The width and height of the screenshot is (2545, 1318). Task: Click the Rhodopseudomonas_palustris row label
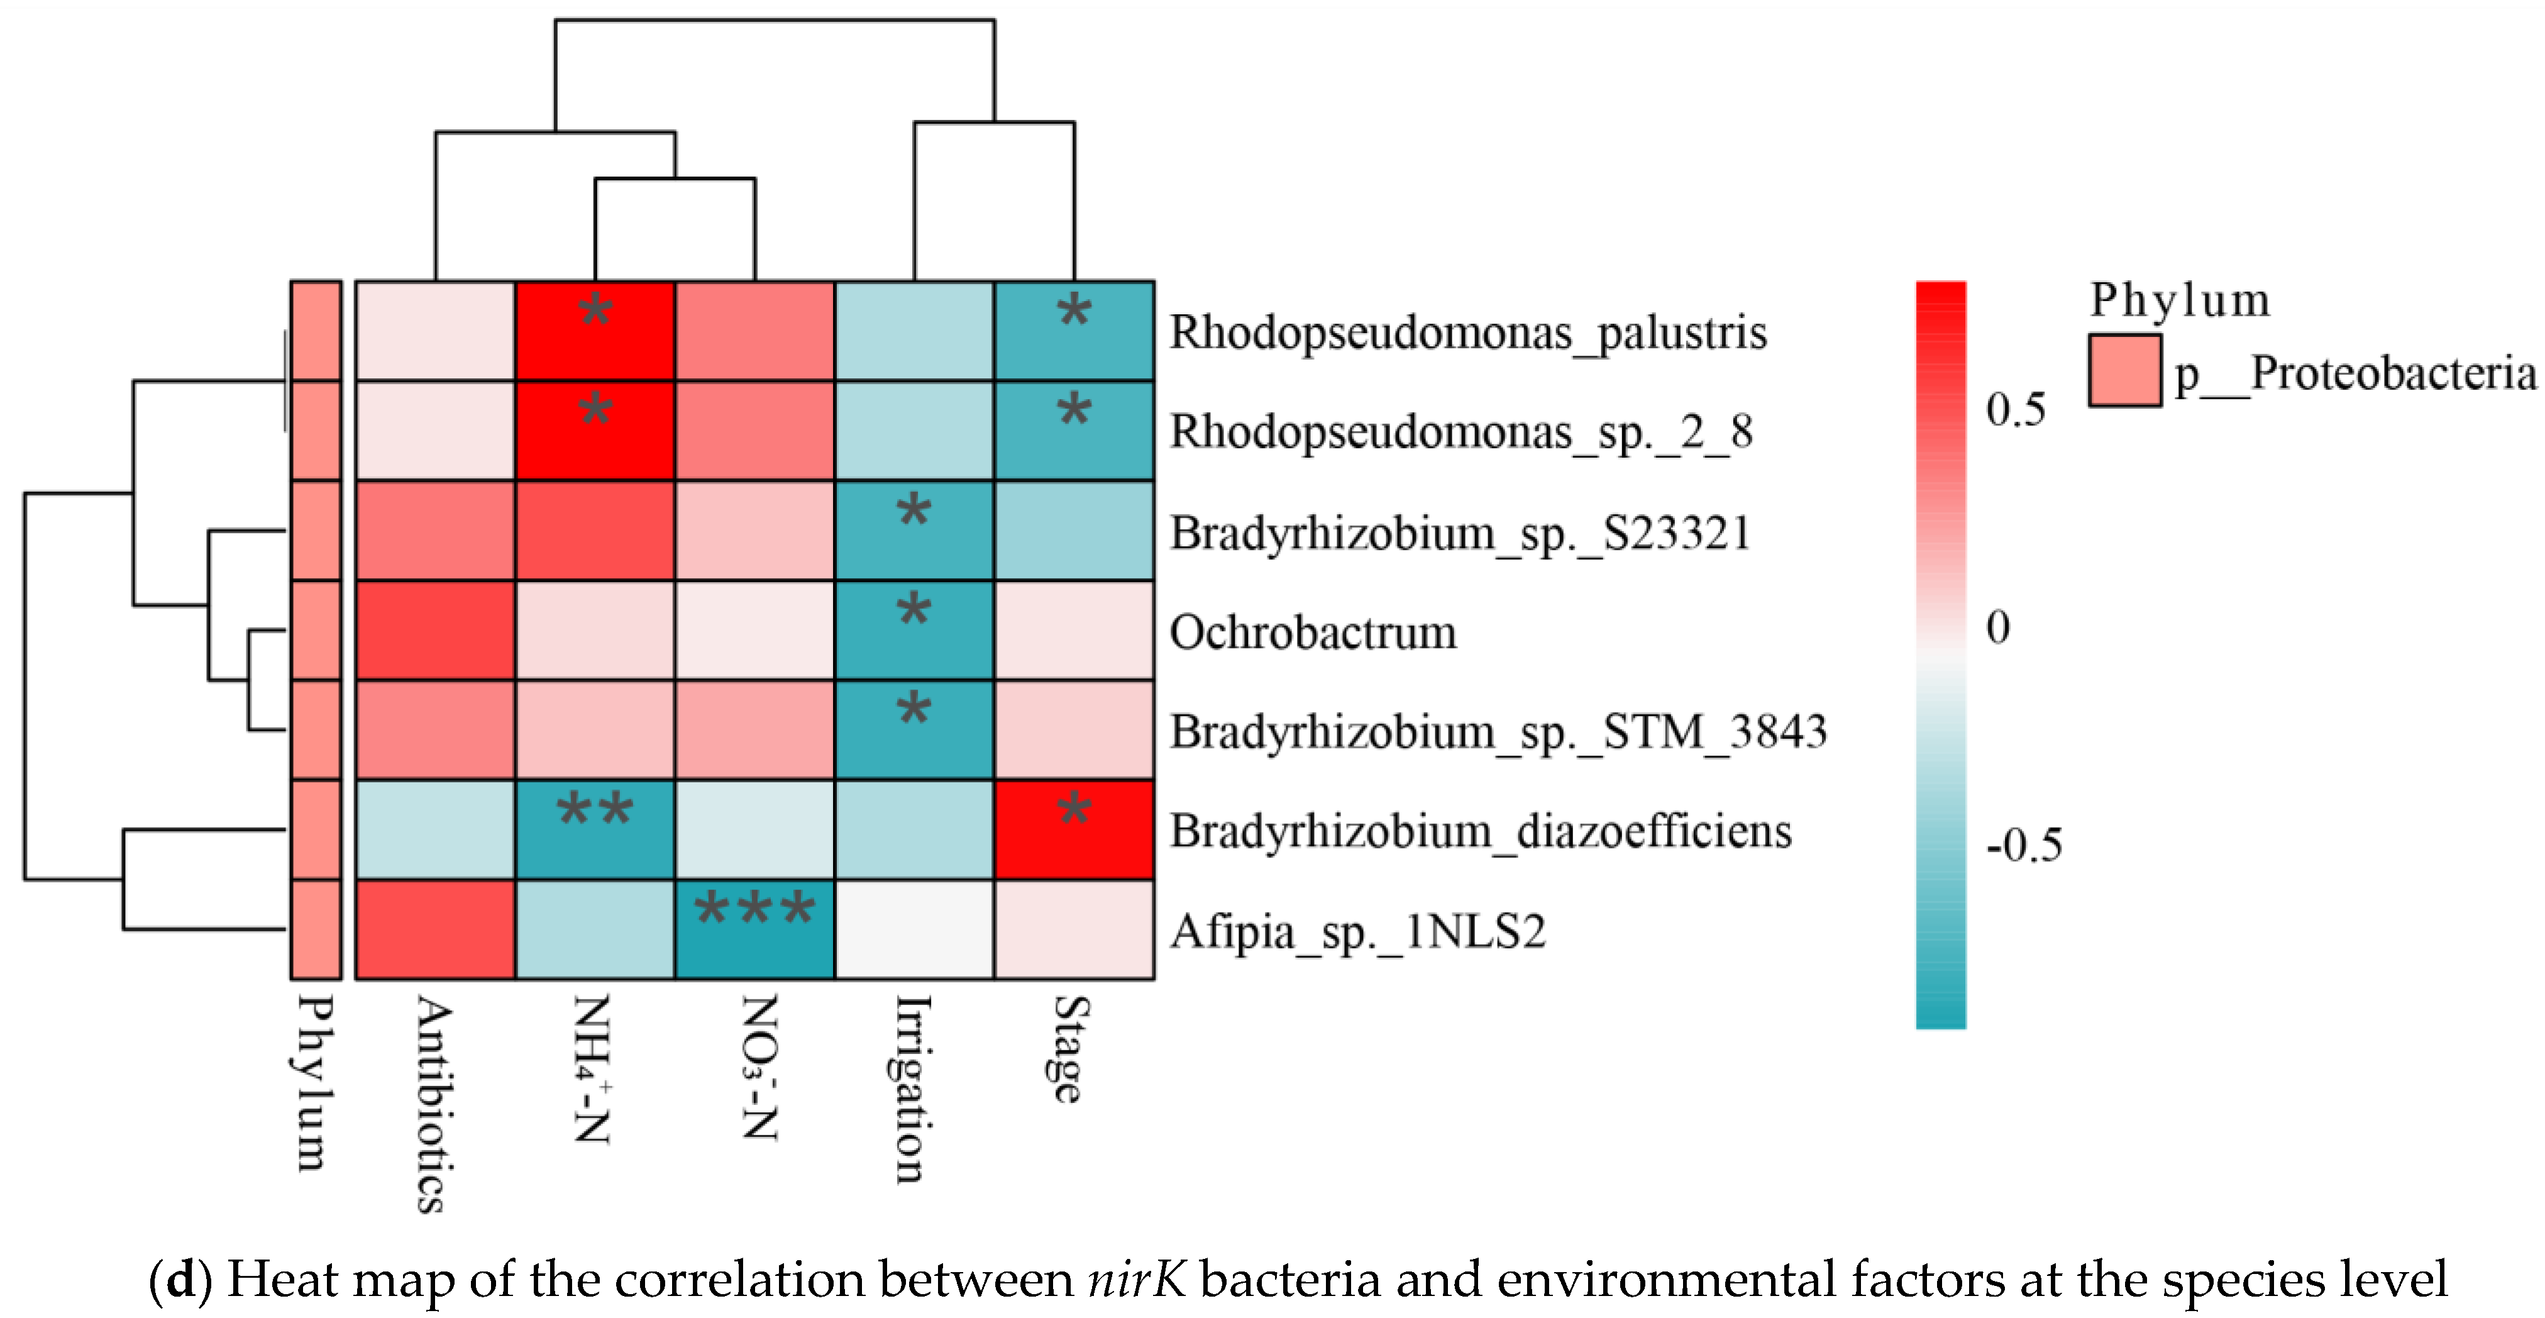[x=1468, y=333]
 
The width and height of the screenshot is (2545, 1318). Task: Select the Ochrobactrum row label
[x=1313, y=632]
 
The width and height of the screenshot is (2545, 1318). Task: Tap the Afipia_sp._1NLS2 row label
[x=1357, y=931]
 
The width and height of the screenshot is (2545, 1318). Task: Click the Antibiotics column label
[x=434, y=1104]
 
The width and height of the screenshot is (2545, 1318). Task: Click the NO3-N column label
[x=759, y=1067]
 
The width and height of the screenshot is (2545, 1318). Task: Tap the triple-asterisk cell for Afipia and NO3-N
[x=756, y=929]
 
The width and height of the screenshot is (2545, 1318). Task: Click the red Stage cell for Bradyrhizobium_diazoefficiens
[x=1074, y=830]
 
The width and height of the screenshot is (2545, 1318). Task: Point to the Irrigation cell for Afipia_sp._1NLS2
[x=914, y=929]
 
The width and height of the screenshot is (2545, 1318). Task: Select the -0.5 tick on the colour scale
[x=2023, y=846]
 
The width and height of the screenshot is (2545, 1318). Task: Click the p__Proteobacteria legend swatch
[x=2124, y=370]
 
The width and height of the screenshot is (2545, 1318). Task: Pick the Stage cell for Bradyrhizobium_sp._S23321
[x=1074, y=530]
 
